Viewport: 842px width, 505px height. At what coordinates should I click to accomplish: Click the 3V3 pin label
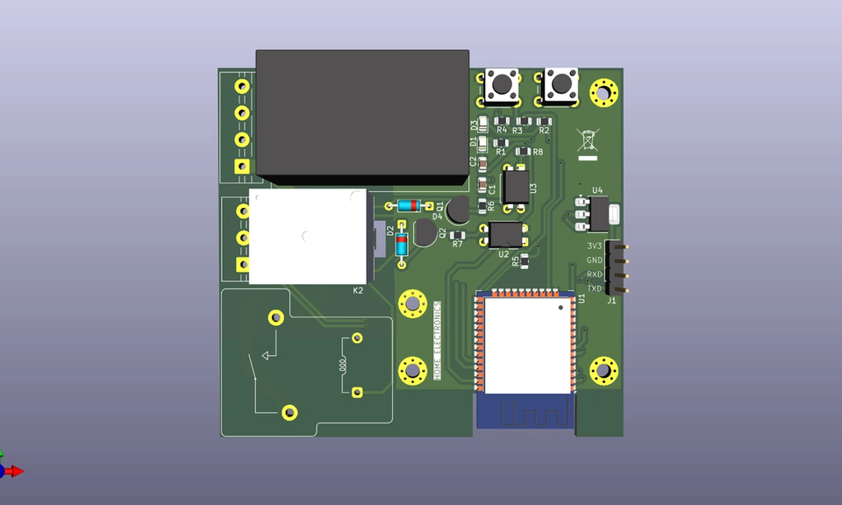(595, 246)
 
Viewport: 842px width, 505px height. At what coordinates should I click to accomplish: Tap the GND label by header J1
(595, 260)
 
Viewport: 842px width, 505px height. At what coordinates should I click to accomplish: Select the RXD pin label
(595, 274)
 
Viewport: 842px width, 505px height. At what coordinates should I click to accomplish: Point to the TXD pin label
(595, 288)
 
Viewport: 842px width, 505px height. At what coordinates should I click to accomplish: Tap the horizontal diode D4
(408, 206)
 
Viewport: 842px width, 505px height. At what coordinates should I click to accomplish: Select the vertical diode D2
(402, 245)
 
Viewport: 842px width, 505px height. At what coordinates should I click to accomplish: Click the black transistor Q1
(456, 210)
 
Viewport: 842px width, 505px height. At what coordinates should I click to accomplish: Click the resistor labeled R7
(457, 235)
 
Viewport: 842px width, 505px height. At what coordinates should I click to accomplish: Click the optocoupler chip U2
(505, 234)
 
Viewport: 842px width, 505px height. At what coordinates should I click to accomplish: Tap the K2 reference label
(358, 290)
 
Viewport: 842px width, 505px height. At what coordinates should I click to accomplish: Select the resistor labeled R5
(524, 260)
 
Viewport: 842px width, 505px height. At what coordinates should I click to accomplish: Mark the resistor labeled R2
(545, 120)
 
